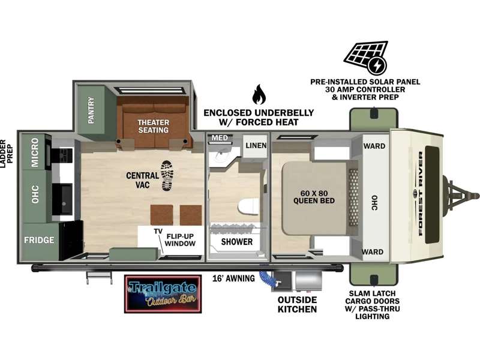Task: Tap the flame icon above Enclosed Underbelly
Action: pos(259,94)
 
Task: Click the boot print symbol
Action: pos(167,176)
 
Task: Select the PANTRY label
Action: pos(91,110)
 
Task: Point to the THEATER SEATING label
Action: pos(153,126)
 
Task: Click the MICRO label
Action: pos(35,152)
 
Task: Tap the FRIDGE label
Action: pos(39,239)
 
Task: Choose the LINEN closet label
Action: pos(256,145)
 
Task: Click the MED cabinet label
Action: pos(220,138)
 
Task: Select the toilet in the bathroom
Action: pos(249,206)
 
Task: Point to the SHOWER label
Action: pos(237,242)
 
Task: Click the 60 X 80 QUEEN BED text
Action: pos(314,197)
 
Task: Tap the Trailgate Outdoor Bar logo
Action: pos(163,294)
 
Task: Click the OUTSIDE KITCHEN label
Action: pos(297,304)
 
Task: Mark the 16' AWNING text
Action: pos(233,278)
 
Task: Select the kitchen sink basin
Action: pos(62,199)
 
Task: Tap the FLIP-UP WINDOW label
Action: pos(180,240)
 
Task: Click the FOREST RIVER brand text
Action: pos(421,193)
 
